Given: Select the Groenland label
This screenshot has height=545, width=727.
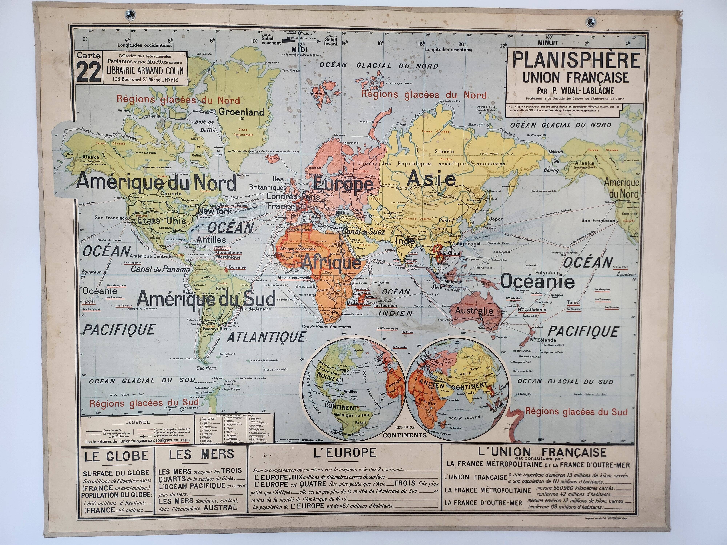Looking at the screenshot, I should (x=241, y=112).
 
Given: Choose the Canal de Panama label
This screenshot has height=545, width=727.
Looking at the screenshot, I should (x=160, y=269).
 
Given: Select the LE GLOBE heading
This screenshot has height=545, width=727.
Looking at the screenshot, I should (x=116, y=456).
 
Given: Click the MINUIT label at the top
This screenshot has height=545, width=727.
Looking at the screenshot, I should (x=548, y=43).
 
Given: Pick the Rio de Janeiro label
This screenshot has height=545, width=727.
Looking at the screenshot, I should (x=255, y=309).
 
